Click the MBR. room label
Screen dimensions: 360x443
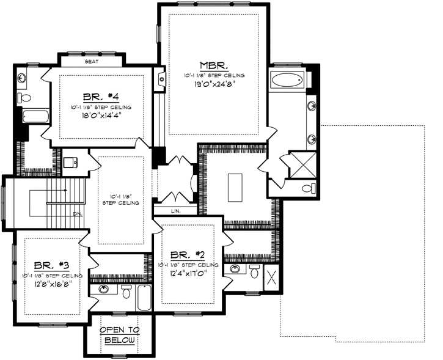click(x=214, y=65)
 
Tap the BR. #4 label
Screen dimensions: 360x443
click(x=100, y=96)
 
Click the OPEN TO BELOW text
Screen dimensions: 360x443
click(x=120, y=334)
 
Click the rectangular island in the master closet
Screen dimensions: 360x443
click(x=235, y=186)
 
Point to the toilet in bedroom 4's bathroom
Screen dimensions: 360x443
click(x=25, y=98)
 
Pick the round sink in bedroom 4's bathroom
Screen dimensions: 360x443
click(x=23, y=78)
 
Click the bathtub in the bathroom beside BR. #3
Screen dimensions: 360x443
click(x=143, y=298)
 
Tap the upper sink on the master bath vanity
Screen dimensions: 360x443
click(x=312, y=105)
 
